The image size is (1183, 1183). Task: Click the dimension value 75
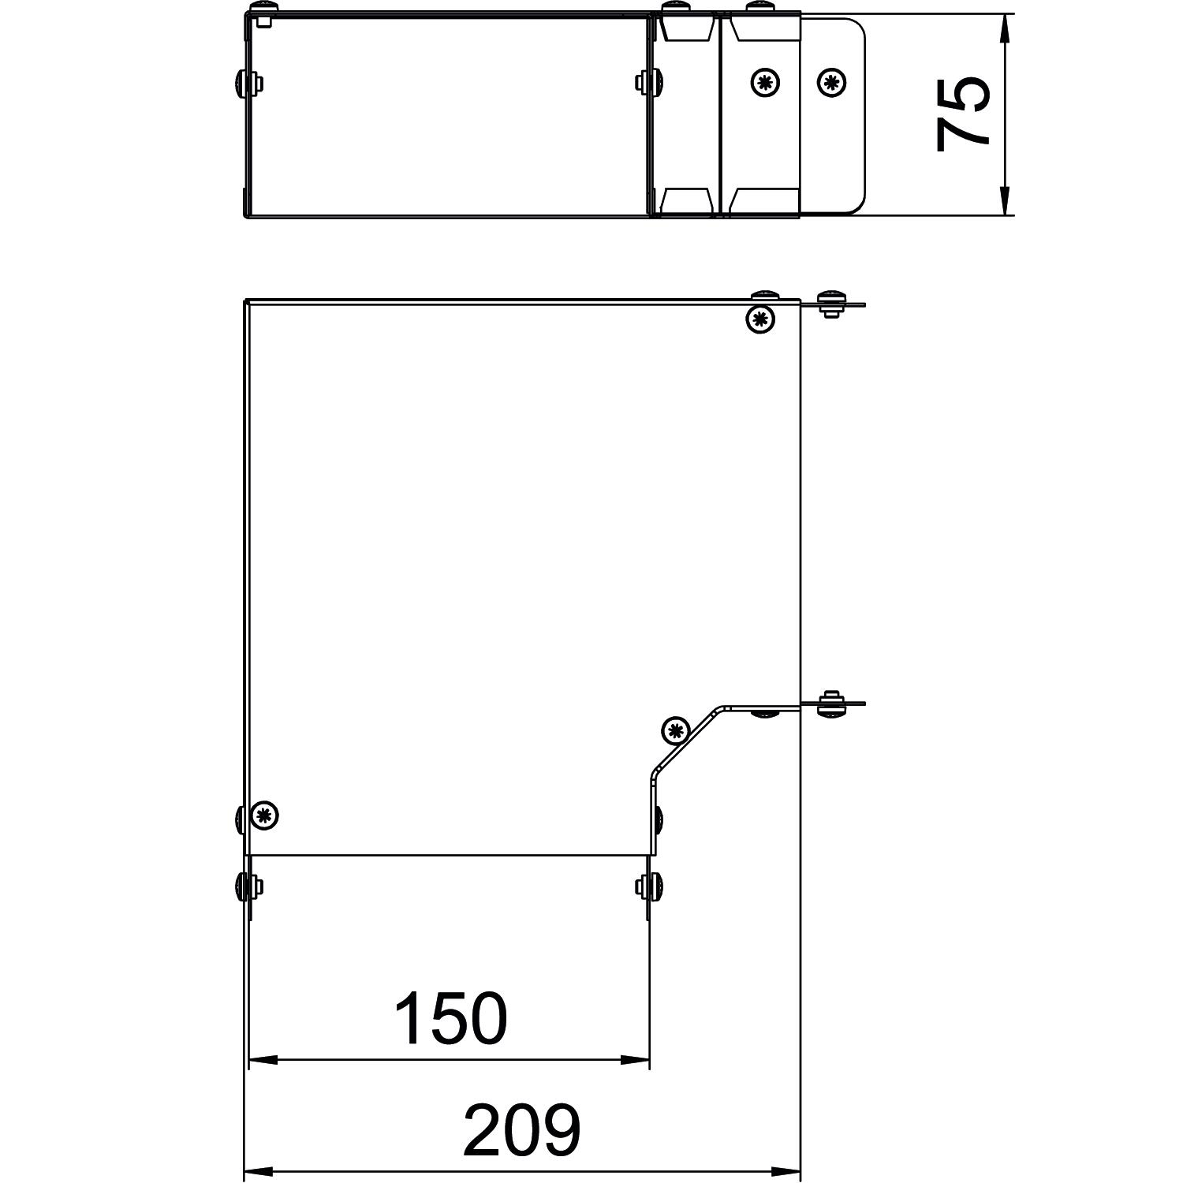coord(963,114)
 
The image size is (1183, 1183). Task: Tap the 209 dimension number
coord(521,1130)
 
